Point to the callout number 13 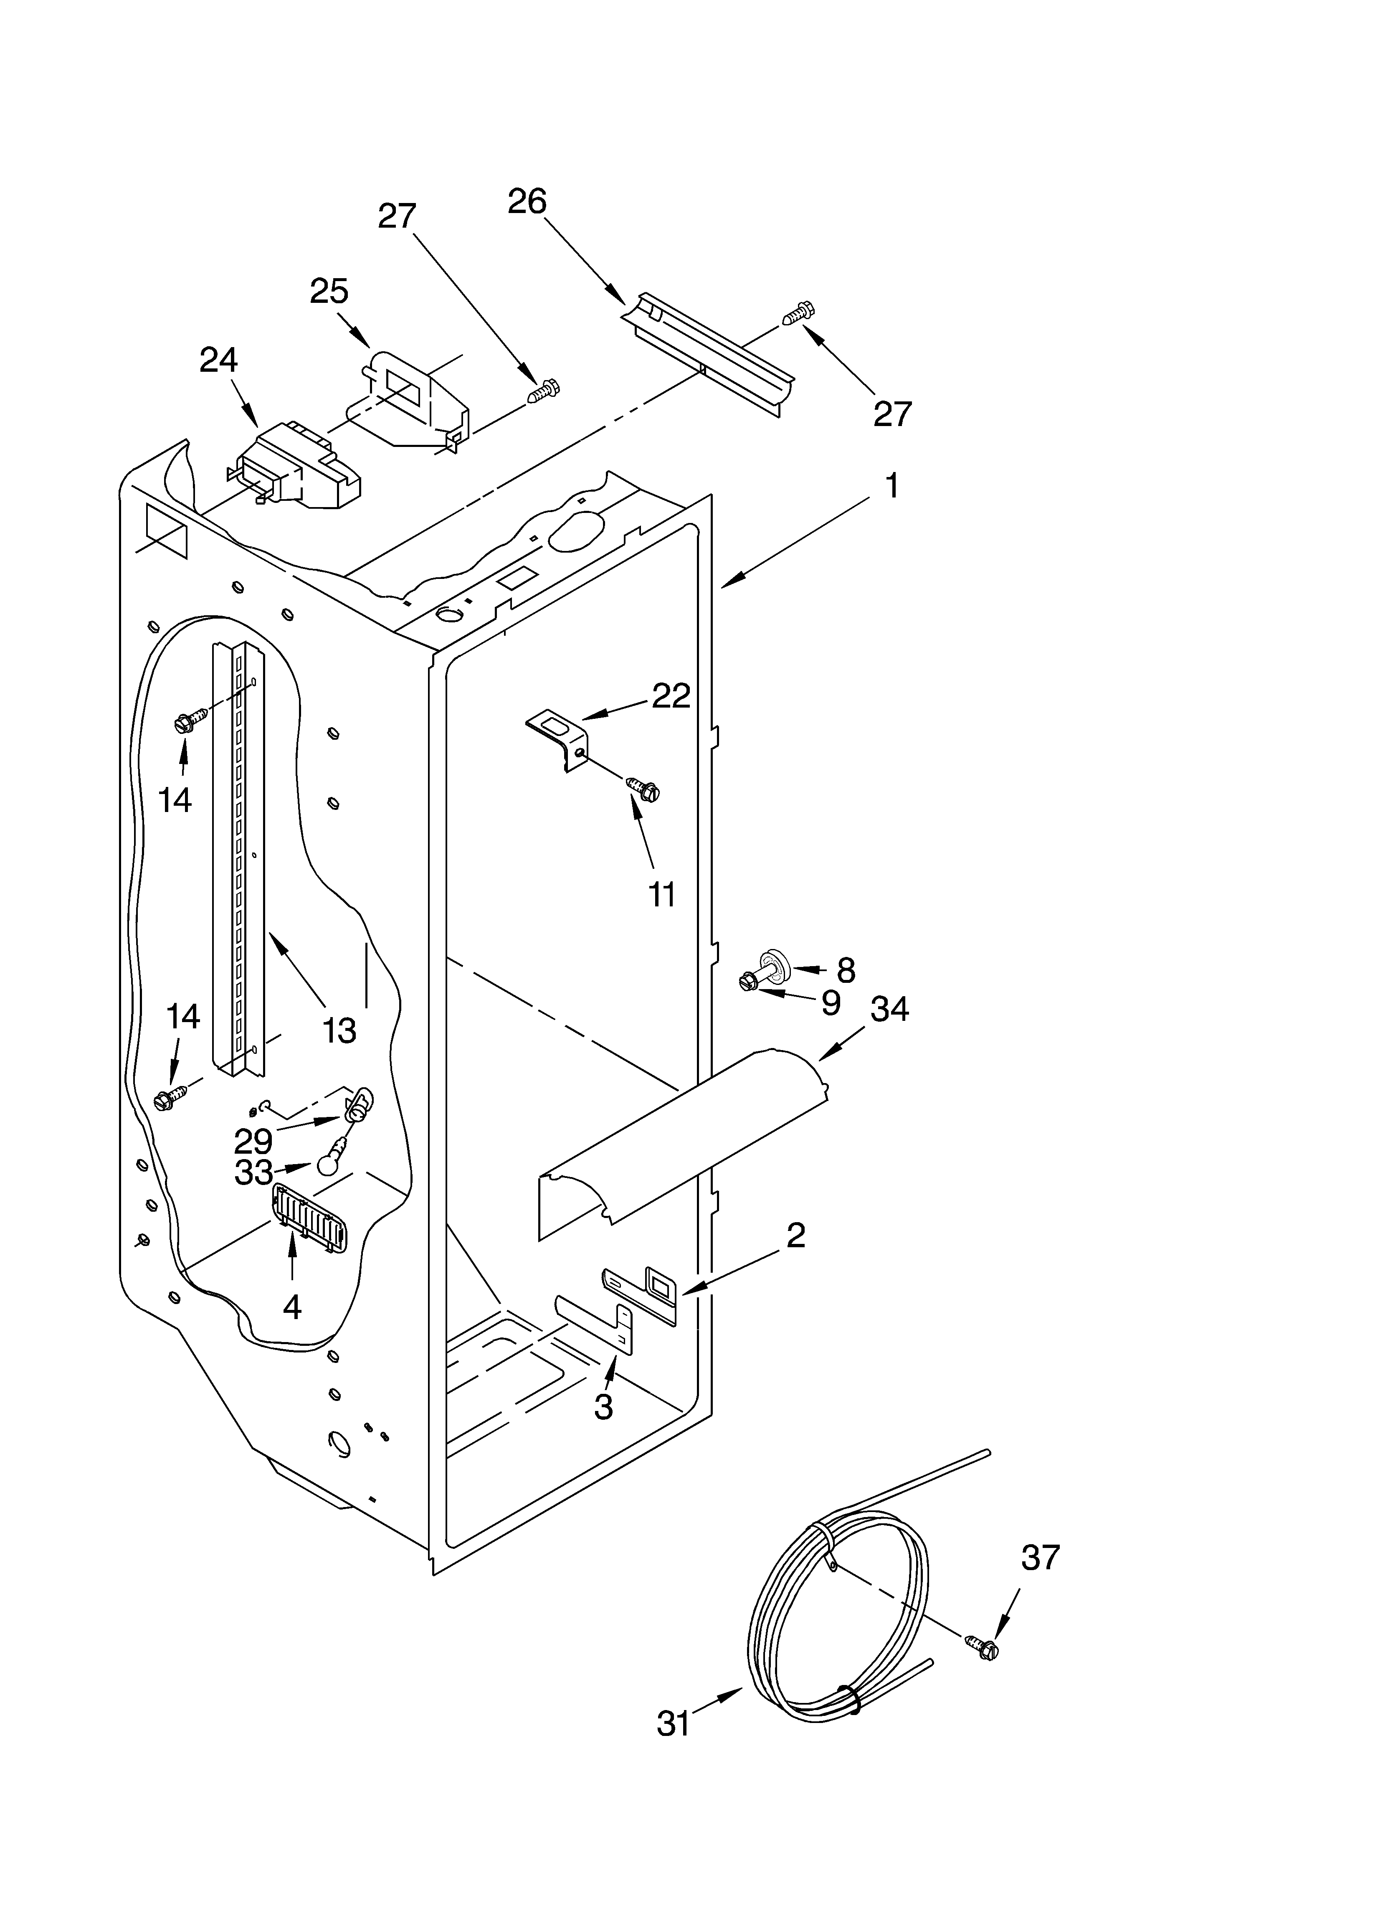339,1031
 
